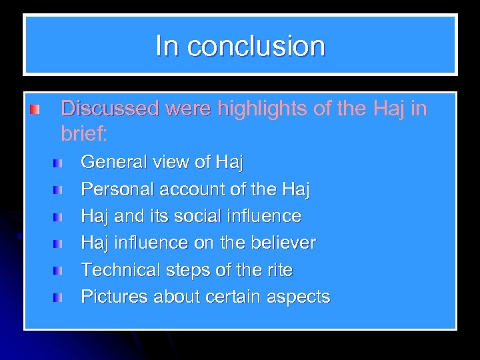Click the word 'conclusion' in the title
(256, 46)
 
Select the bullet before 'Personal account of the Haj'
(59, 190)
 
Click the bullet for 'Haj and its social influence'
(59, 217)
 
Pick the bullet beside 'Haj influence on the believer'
(59, 244)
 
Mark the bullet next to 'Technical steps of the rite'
(59, 271)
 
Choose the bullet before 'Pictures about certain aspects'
(59, 297)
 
